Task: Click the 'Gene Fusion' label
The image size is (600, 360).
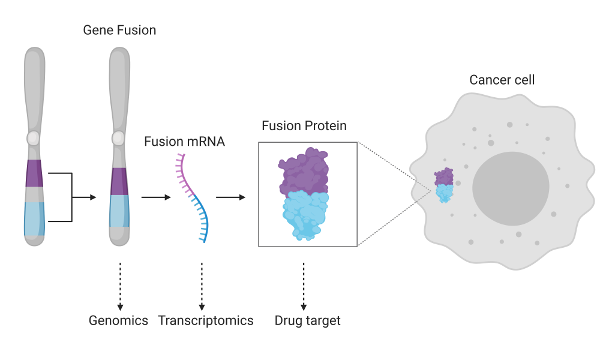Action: (x=119, y=30)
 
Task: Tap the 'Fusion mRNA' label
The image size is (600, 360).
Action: (x=184, y=142)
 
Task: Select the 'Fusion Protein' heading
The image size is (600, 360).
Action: (x=304, y=126)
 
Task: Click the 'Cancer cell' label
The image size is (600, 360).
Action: (x=502, y=80)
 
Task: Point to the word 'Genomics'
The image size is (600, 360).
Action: (x=118, y=320)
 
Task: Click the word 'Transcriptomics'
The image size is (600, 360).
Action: (x=206, y=320)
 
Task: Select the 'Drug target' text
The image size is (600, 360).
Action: (x=307, y=320)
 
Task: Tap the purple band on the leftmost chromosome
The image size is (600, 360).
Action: (x=34, y=173)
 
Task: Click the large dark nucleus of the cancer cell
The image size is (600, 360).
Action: (x=510, y=188)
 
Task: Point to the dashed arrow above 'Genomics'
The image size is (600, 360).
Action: (x=119, y=285)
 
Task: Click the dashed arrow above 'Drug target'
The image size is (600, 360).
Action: (x=304, y=285)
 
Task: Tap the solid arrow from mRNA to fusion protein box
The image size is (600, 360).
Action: (x=230, y=197)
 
